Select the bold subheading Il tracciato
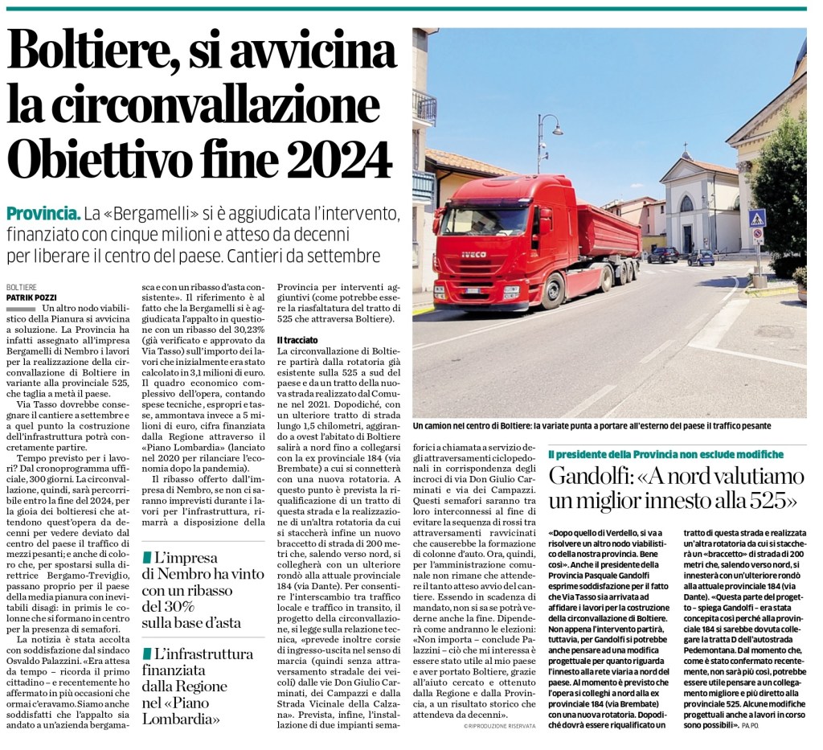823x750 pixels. click(297, 339)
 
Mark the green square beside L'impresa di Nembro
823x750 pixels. click(145, 557)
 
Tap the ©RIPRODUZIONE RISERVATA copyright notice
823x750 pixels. click(498, 726)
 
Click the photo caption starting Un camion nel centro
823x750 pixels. click(591, 425)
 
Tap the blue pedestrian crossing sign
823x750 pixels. click(756, 218)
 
